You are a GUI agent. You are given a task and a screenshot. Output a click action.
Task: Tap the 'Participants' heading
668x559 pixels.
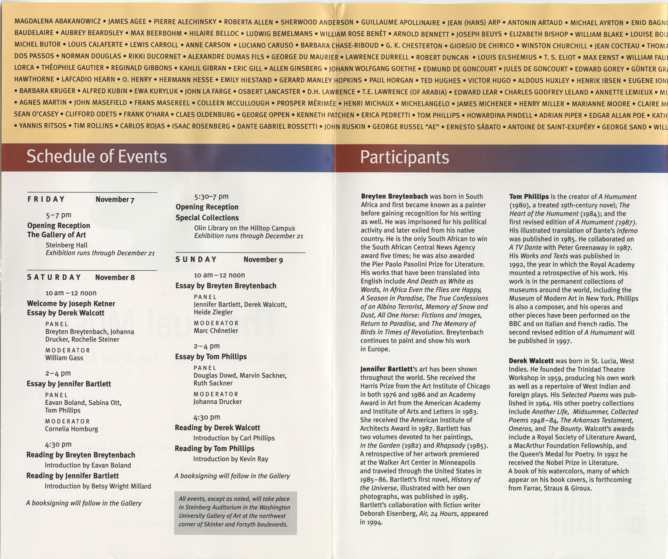(404, 157)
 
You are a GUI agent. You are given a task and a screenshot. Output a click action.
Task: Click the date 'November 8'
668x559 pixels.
(115, 277)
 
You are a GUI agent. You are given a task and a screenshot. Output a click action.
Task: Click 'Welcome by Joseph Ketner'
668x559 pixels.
(71, 304)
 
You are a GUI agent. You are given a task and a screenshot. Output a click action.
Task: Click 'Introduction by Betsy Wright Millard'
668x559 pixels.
(98, 486)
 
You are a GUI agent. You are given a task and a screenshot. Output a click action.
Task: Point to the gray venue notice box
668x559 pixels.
(235, 513)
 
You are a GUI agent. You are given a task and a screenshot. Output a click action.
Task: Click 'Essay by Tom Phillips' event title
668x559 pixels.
(211, 357)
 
